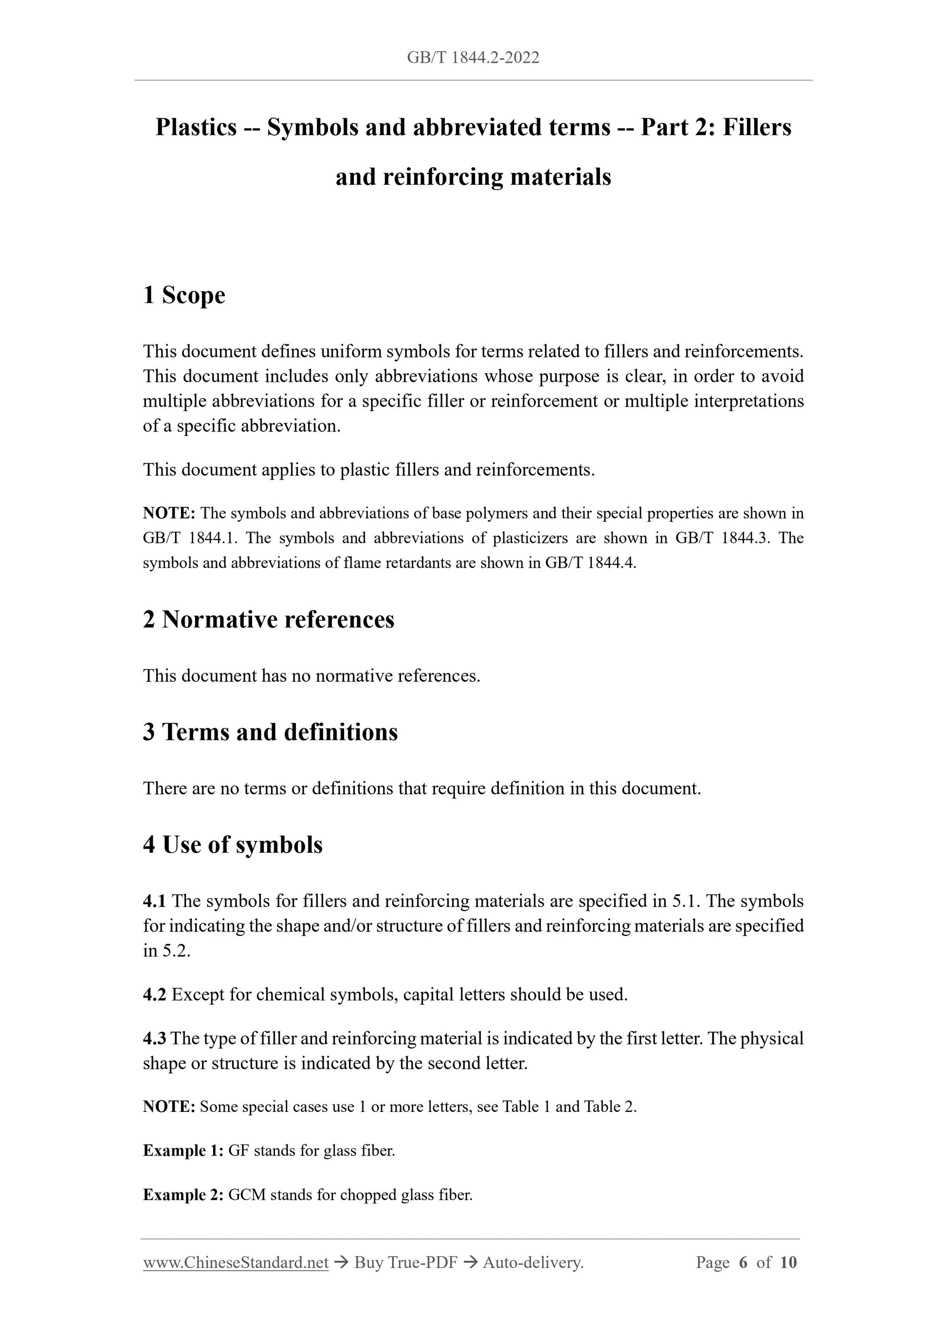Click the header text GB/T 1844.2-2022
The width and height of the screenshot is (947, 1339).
pos(473,57)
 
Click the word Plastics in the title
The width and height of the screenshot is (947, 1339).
pos(196,127)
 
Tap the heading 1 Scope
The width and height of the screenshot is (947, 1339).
pos(184,295)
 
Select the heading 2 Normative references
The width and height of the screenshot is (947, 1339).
pos(269,619)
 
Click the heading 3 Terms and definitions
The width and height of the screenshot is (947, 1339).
pos(270,732)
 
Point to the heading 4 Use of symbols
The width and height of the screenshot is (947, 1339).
pos(232,844)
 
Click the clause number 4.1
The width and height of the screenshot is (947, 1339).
pos(154,901)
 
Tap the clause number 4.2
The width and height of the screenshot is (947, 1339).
pos(154,994)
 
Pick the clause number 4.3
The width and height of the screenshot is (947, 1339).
pos(154,1038)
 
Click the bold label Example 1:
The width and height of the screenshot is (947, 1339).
pos(182,1151)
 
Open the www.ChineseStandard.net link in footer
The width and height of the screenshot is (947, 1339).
pos(236,1263)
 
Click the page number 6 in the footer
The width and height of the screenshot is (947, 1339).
pos(743,1263)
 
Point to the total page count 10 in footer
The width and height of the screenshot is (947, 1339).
pos(788,1263)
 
